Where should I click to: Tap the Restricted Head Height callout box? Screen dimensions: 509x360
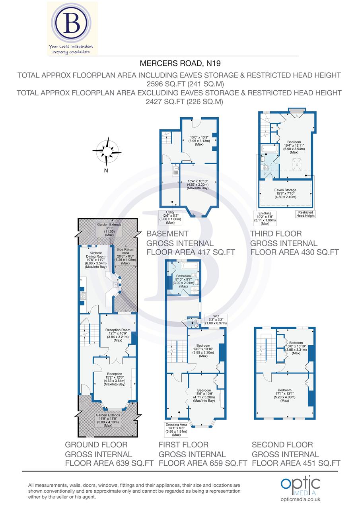click(x=305, y=214)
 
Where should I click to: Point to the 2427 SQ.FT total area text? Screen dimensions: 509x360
click(x=179, y=102)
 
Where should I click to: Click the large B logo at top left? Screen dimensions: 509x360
click(x=72, y=23)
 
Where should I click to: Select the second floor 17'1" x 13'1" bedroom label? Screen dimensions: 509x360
click(x=284, y=395)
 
